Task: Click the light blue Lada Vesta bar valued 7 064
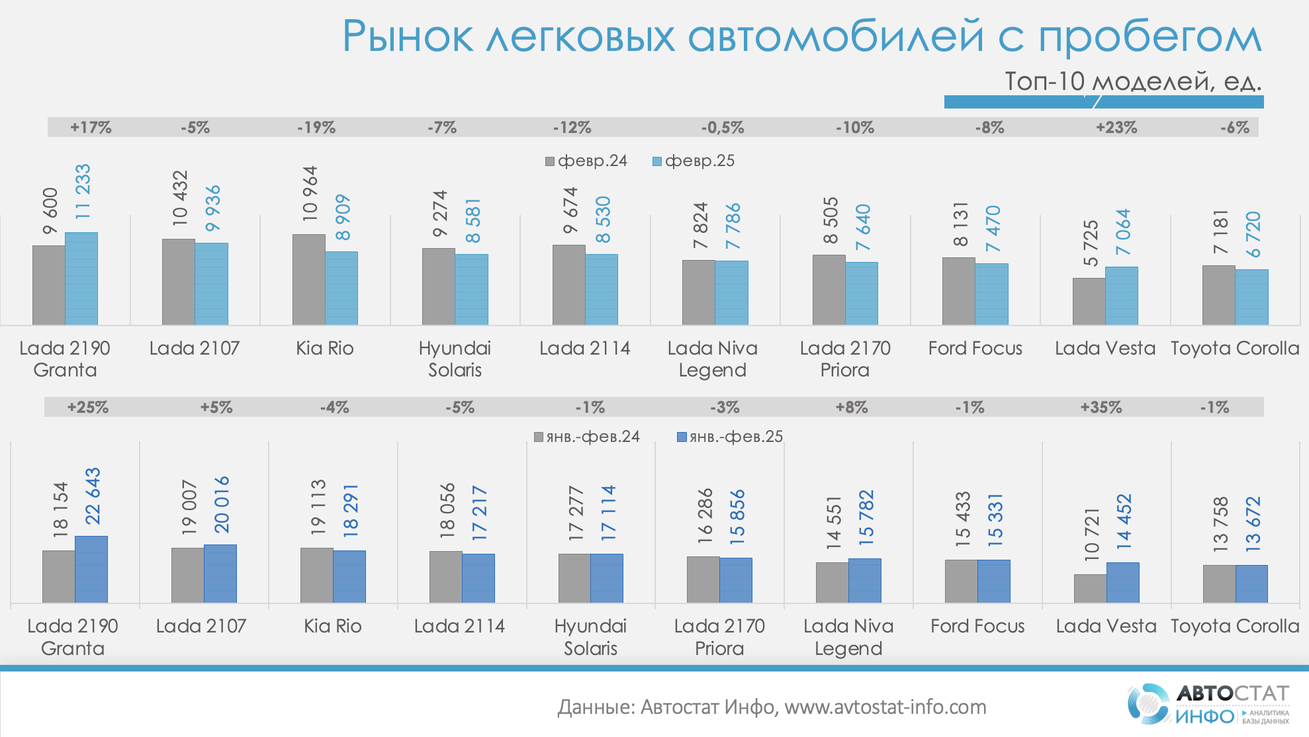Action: coord(1122,296)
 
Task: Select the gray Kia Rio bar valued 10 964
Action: coord(308,279)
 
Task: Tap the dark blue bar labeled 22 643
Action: coord(91,569)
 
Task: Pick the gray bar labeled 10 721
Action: coord(1090,588)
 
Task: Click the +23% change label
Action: coord(1116,127)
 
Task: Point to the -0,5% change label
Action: coord(723,127)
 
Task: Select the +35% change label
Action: coord(1101,407)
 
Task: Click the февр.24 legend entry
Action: coord(586,161)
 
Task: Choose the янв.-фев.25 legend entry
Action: coord(729,437)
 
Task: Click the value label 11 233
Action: coord(83,192)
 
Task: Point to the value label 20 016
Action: coord(221,504)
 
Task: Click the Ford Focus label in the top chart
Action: coord(975,348)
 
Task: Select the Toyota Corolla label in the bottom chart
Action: coord(1235,626)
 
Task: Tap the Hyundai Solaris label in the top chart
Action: coord(455,359)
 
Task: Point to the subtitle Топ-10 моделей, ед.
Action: coord(1133,81)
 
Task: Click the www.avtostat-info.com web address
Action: coord(885,707)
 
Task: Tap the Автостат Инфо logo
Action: coord(1208,704)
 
